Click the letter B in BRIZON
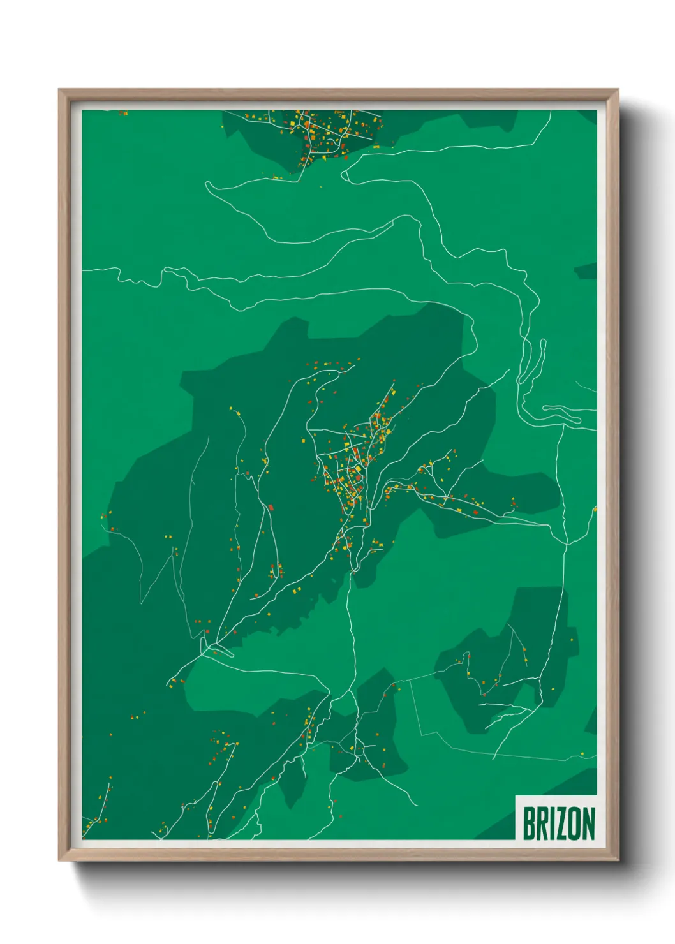click(x=529, y=823)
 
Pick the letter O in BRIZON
click(x=574, y=823)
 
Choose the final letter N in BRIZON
click(x=588, y=823)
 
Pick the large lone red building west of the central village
click(x=271, y=508)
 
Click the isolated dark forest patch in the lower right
click(x=510, y=663)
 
